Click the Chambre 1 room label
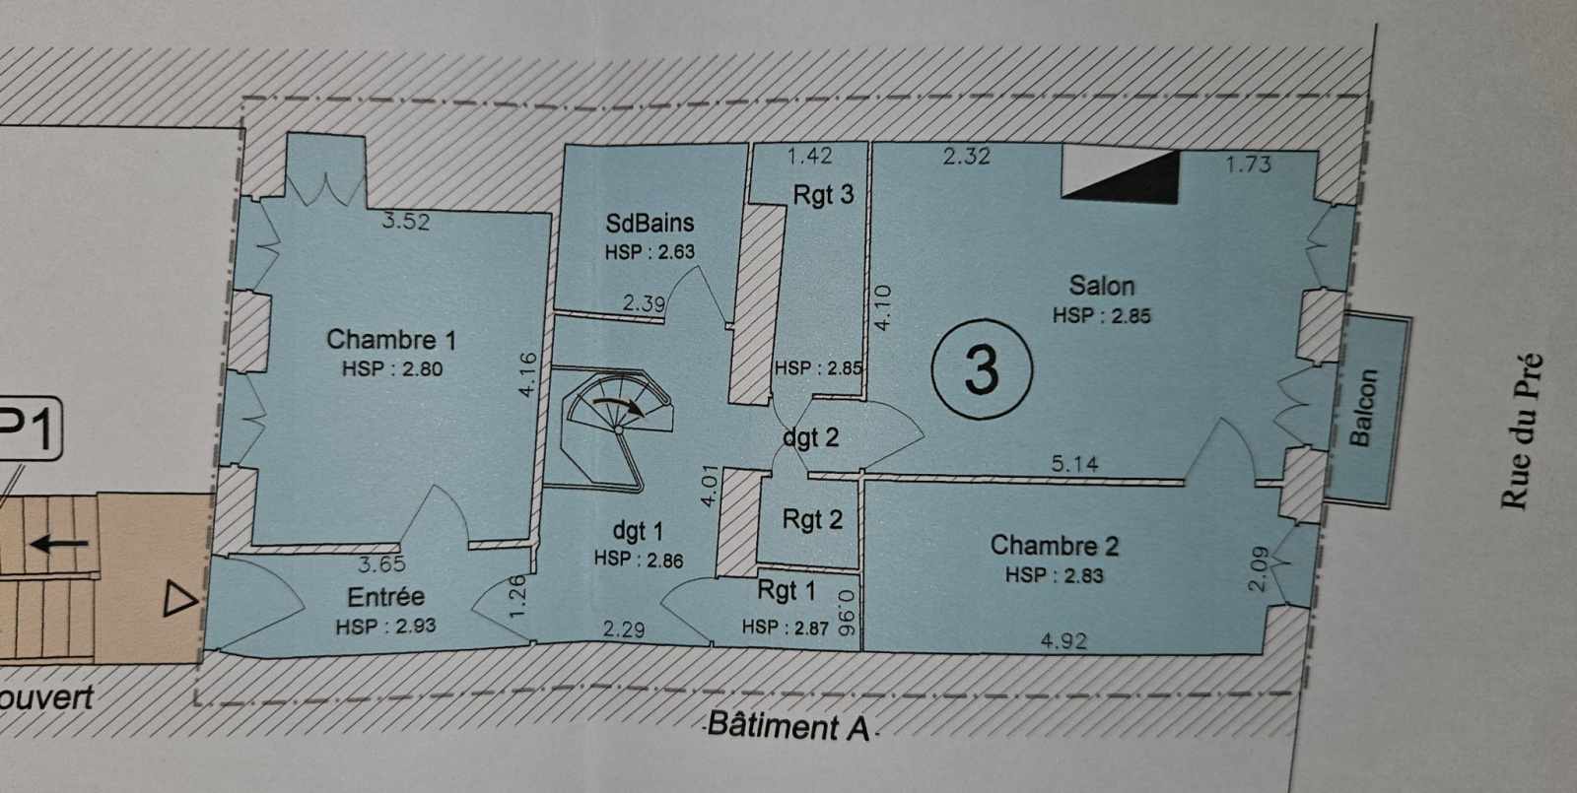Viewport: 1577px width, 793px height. (391, 340)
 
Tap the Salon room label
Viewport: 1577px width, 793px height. (1102, 287)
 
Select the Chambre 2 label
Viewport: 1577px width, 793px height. (1054, 546)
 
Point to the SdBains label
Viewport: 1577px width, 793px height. (650, 224)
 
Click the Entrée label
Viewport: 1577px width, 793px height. (385, 597)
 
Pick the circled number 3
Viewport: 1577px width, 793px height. (982, 370)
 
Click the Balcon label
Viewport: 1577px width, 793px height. (1362, 408)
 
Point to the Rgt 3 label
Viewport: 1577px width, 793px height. (823, 195)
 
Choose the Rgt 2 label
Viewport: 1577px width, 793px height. (812, 519)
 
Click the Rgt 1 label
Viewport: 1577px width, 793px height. (786, 591)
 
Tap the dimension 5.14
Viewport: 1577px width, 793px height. (1074, 463)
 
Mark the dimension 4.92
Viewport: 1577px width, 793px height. (1063, 641)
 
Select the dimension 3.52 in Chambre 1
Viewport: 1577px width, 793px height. (406, 222)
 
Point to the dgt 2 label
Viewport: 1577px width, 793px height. (811, 437)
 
